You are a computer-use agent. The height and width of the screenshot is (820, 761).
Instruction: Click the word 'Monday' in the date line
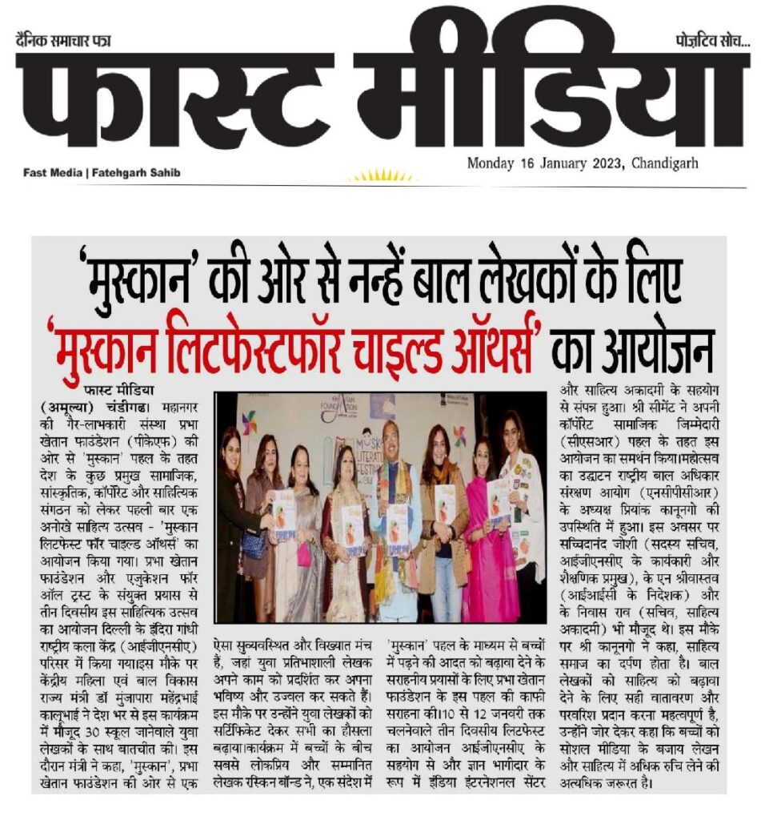click(x=492, y=163)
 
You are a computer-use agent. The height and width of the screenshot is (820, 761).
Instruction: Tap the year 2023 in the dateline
click(x=591, y=163)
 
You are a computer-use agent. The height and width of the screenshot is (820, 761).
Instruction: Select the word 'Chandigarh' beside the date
click(x=663, y=163)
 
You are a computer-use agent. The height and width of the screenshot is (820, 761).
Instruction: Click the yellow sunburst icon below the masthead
click(x=382, y=175)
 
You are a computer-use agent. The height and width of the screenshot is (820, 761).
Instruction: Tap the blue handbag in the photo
click(x=254, y=544)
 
